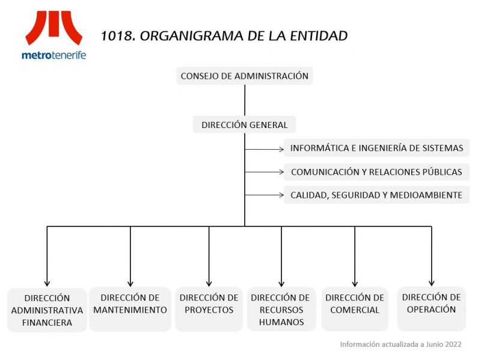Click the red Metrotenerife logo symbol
tap(54, 28)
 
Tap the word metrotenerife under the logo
tap(54, 55)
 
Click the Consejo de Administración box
tap(245, 76)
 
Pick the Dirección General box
tap(245, 124)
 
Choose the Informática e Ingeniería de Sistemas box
tap(376, 148)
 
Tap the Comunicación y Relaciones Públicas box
tap(376, 172)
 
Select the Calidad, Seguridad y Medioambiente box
tap(376, 195)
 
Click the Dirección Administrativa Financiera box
tap(47, 310)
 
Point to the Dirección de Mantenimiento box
tap(130, 310)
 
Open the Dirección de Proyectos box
tap(209, 310)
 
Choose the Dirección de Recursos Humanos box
tap(281, 310)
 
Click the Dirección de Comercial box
tap(355, 310)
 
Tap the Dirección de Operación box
tap(431, 309)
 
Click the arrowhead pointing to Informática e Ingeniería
tap(281, 149)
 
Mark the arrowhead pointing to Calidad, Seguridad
tap(281, 195)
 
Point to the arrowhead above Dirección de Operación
tap(431, 283)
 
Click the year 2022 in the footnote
tap(453, 344)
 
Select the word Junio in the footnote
tap(434, 344)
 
